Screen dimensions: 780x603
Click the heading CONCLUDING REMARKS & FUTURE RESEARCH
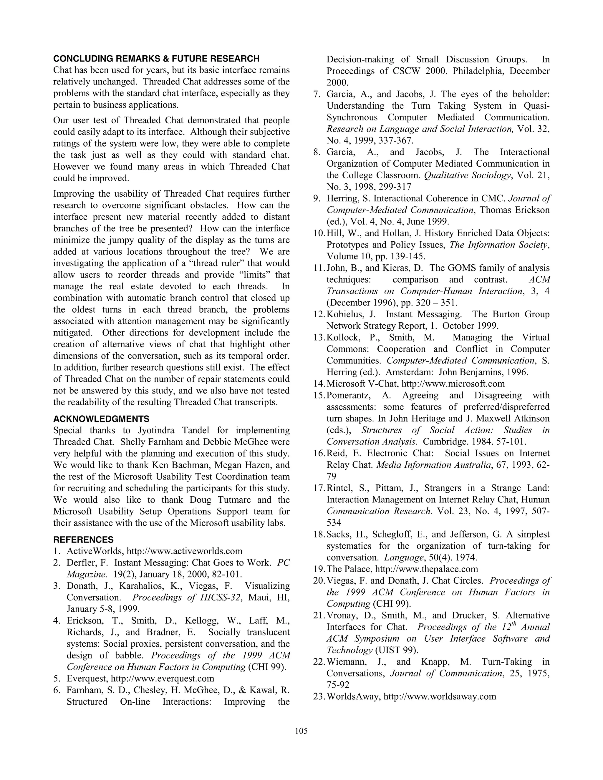pos(156,59)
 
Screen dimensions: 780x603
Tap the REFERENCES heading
pos(83,539)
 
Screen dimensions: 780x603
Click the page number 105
pos(301,731)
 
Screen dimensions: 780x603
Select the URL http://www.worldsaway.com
pos(439,696)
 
